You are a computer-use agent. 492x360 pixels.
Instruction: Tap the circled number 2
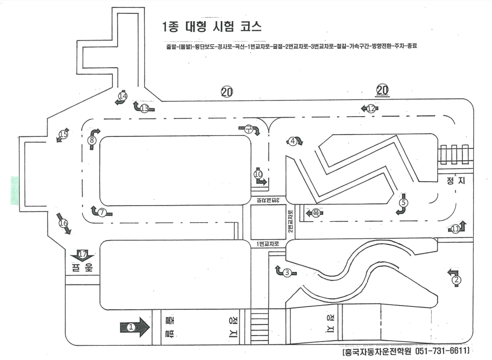pyautogui.click(x=456, y=279)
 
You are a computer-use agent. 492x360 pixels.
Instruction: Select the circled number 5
pyautogui.click(x=403, y=201)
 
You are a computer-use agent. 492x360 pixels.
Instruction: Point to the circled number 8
pyautogui.click(x=92, y=140)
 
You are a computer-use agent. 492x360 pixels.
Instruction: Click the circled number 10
pyautogui.click(x=258, y=174)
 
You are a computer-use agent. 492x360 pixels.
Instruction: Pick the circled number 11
pyautogui.click(x=456, y=228)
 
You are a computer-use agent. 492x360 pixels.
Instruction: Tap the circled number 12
pyautogui.click(x=372, y=108)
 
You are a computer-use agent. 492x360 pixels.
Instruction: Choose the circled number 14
pyautogui.click(x=123, y=96)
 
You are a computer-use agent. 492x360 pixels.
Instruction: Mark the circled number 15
pyautogui.click(x=63, y=135)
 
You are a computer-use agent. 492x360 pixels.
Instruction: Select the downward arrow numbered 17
pyautogui.click(x=82, y=254)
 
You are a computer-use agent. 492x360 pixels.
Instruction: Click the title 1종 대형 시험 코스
pyautogui.click(x=213, y=26)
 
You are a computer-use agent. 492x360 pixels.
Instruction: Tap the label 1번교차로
pyautogui.click(x=268, y=244)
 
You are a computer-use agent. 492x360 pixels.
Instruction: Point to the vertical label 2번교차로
pyautogui.click(x=290, y=221)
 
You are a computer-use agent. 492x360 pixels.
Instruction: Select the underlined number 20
pyautogui.click(x=382, y=89)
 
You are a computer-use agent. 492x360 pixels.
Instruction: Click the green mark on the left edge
pyautogui.click(x=15, y=190)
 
